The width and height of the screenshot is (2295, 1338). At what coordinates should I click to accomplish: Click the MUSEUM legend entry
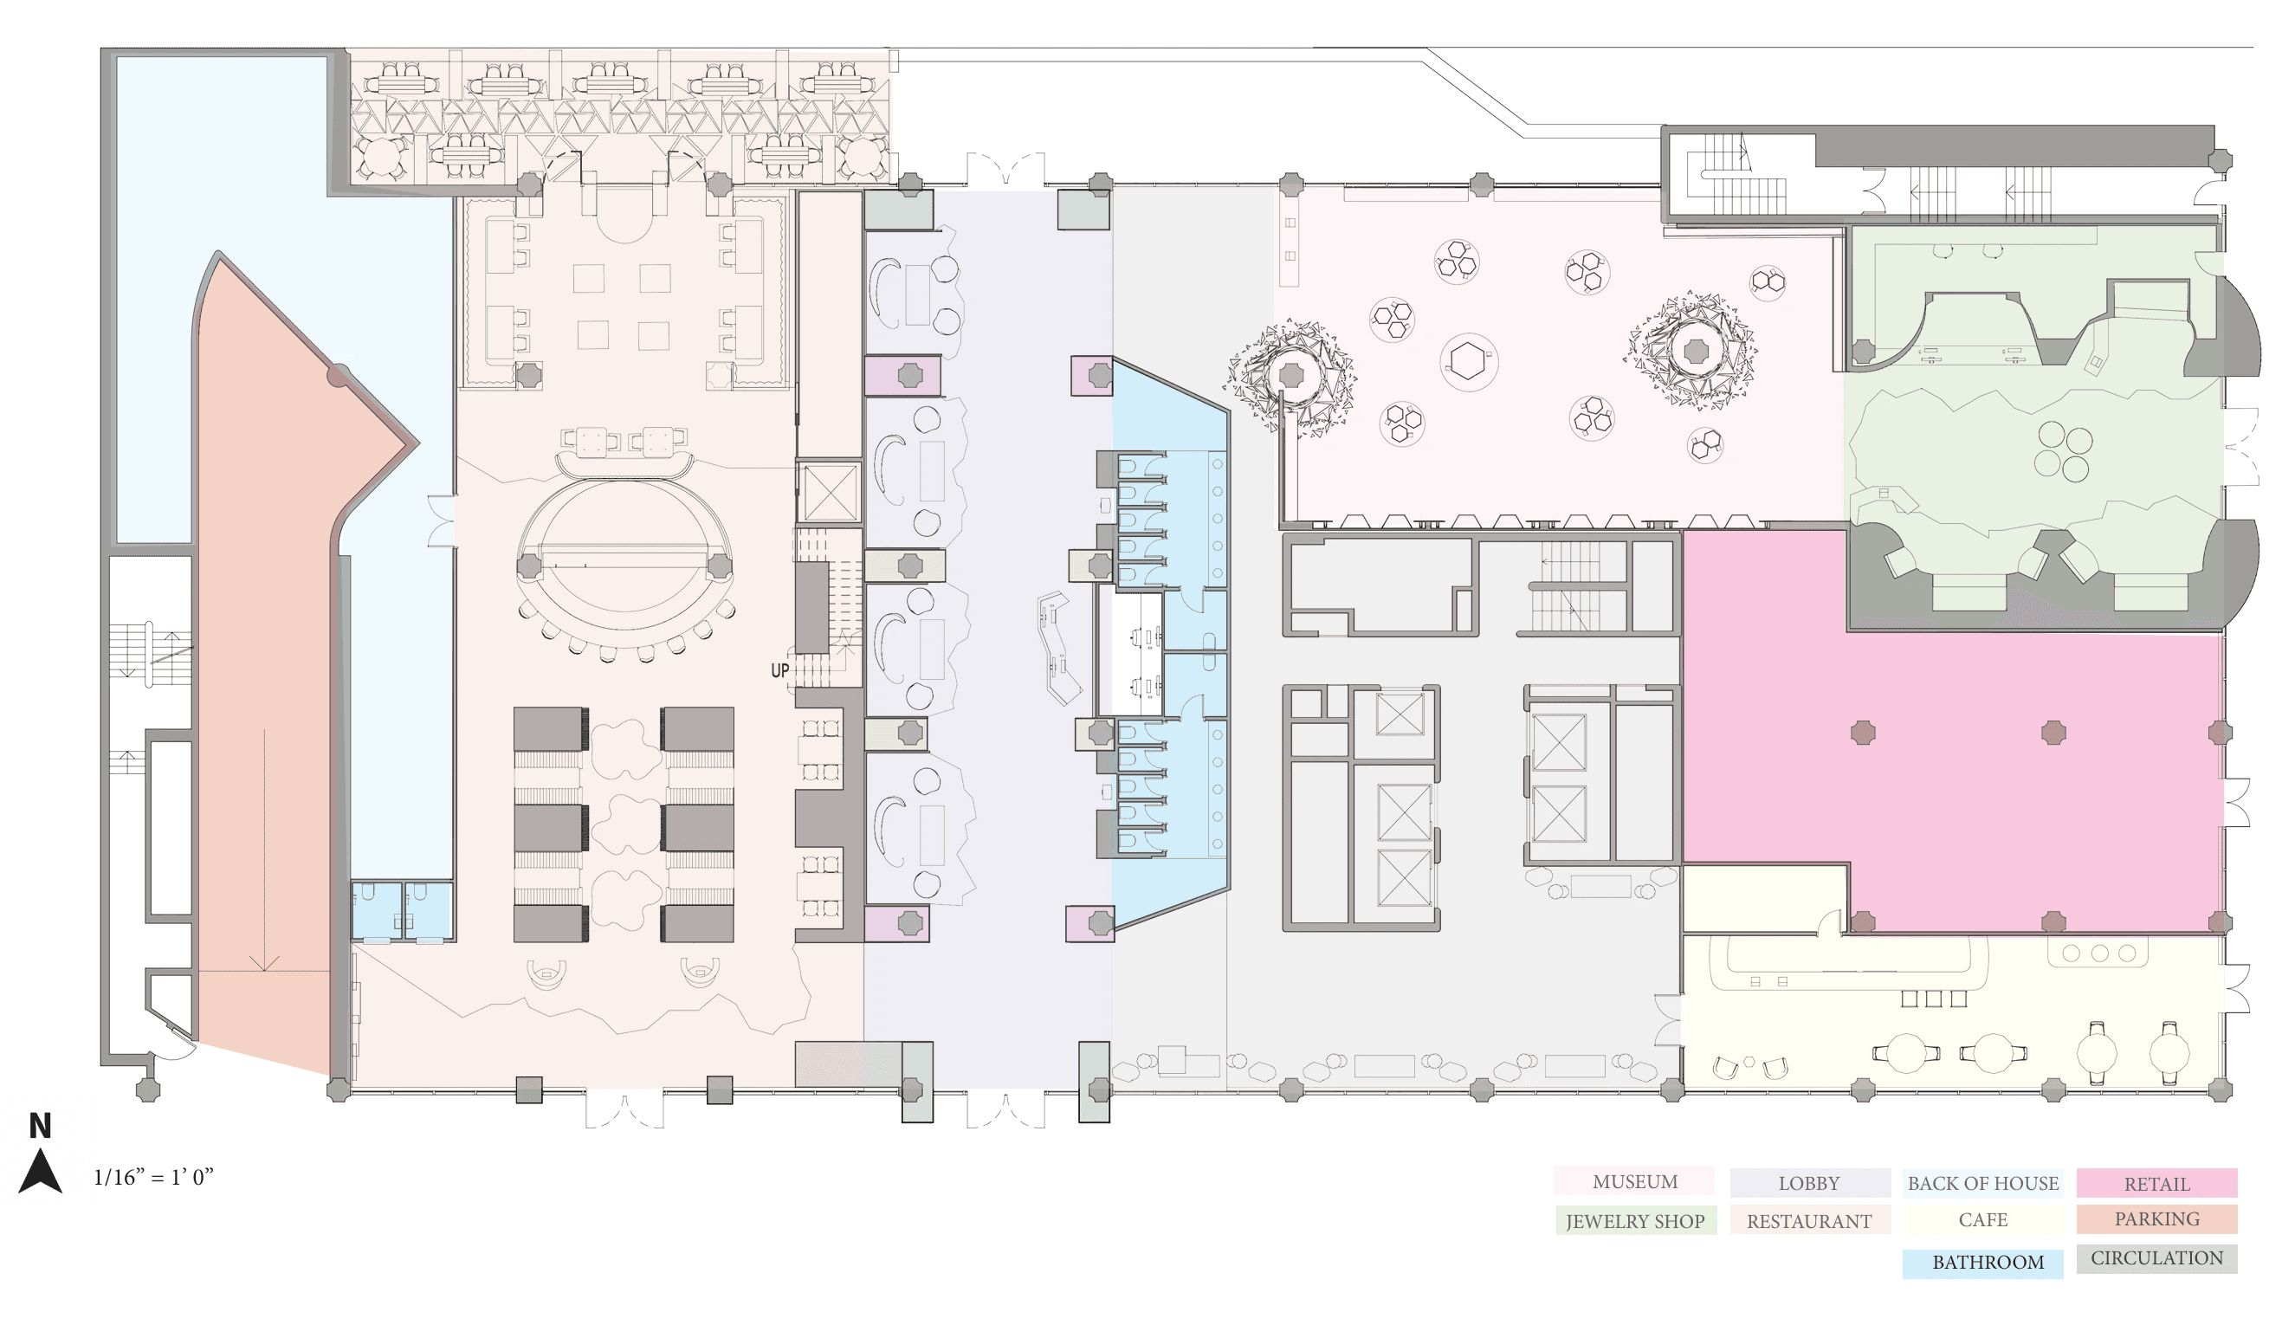(x=1634, y=1181)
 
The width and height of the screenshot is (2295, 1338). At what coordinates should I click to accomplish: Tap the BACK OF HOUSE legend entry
(x=1982, y=1183)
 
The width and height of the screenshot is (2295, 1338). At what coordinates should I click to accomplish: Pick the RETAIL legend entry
(x=2156, y=1183)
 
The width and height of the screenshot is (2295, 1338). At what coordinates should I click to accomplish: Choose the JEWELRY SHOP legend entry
(x=1636, y=1220)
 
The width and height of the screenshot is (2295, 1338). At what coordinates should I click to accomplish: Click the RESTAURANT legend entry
(x=1810, y=1220)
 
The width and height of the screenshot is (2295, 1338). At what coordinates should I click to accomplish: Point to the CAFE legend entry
(x=1982, y=1219)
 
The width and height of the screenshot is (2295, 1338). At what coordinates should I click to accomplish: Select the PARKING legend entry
(x=2156, y=1218)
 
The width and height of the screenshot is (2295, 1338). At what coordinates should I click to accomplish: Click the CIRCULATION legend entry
(x=2156, y=1257)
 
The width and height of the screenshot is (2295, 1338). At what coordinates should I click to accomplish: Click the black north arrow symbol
(x=40, y=1173)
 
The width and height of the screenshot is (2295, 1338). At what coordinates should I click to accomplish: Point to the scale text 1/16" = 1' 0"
(x=153, y=1177)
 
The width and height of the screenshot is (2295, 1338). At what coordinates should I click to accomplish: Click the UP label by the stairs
(x=779, y=670)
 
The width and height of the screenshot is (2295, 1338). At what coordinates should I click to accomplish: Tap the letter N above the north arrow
(x=40, y=1127)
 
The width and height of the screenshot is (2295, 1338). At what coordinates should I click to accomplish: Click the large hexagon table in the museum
(x=1468, y=362)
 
